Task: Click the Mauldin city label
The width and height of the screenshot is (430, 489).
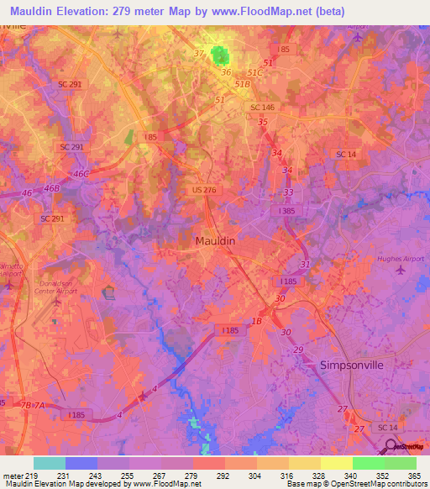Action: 215,240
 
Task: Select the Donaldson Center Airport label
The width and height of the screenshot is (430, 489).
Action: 58,287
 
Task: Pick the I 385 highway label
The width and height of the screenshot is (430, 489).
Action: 287,213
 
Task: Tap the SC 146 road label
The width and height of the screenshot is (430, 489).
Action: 262,107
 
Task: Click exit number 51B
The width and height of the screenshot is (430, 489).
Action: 244,84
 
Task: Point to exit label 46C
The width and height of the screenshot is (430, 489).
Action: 81,174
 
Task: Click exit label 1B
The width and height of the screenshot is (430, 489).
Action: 258,322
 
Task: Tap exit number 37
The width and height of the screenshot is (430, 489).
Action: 199,54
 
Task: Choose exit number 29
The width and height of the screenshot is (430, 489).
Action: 298,349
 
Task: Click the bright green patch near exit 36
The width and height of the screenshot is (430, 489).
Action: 221,56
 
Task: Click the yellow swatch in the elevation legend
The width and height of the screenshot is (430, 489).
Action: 336,463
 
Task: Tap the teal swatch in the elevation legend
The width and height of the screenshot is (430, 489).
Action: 49,463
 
